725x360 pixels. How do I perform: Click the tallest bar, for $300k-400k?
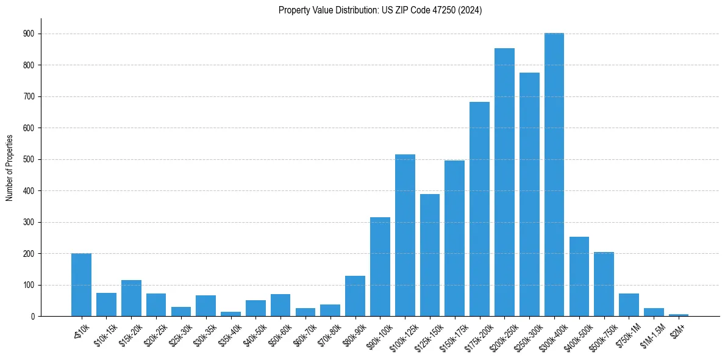point(554,175)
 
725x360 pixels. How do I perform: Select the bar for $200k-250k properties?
point(504,182)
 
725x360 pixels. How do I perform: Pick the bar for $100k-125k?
point(405,236)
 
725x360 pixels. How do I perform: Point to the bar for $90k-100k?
point(380,267)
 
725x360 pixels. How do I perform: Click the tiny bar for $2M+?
point(679,315)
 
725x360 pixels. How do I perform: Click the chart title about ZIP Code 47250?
point(380,10)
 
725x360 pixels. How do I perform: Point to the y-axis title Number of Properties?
point(10,168)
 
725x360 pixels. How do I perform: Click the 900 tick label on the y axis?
point(29,34)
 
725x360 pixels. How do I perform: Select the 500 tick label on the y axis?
point(29,159)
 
